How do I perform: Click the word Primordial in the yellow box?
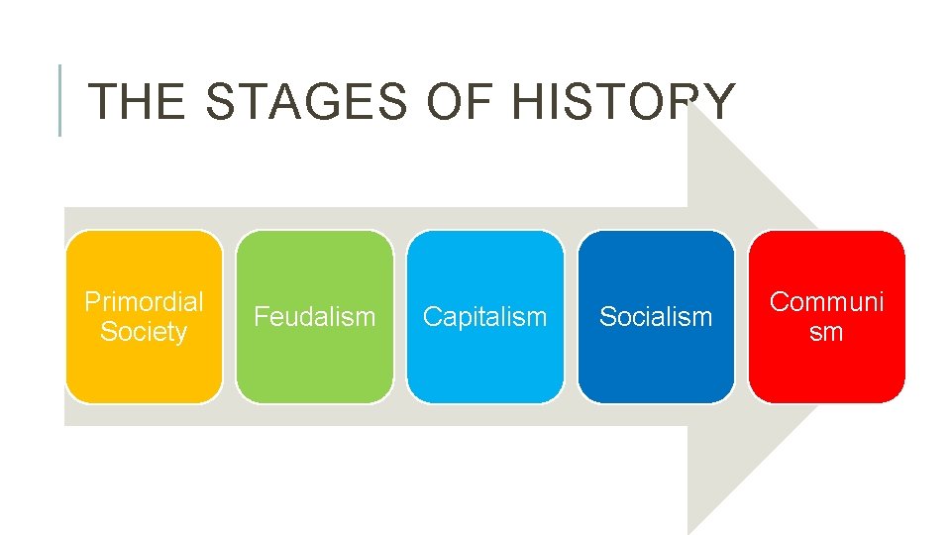tap(144, 302)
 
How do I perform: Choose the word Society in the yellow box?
tap(144, 332)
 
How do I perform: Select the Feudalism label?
tap(314, 317)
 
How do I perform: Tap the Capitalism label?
tap(484, 317)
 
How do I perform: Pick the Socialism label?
tap(656, 317)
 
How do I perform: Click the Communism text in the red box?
tap(826, 316)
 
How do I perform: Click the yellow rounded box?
tap(144, 372)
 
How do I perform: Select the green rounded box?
tap(314, 372)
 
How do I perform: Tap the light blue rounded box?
tap(484, 372)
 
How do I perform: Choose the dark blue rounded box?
tap(656, 372)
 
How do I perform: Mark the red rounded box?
tap(826, 372)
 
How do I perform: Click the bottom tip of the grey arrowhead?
tap(690, 532)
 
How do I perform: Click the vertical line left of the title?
tap(60, 100)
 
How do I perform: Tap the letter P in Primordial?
tap(91, 302)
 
